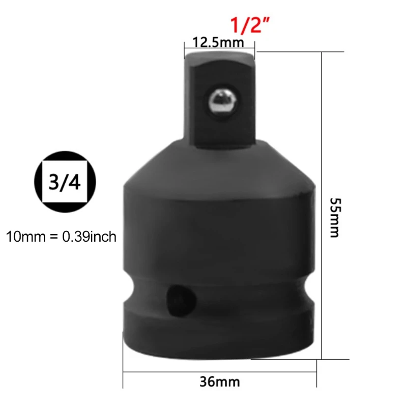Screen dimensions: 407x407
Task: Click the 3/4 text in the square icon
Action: (64, 183)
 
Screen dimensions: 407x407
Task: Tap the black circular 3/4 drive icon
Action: (64, 183)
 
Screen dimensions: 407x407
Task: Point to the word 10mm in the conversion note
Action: (24, 237)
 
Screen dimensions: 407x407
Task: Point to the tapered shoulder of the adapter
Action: (220, 163)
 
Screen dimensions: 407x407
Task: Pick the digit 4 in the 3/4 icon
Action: (74, 183)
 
